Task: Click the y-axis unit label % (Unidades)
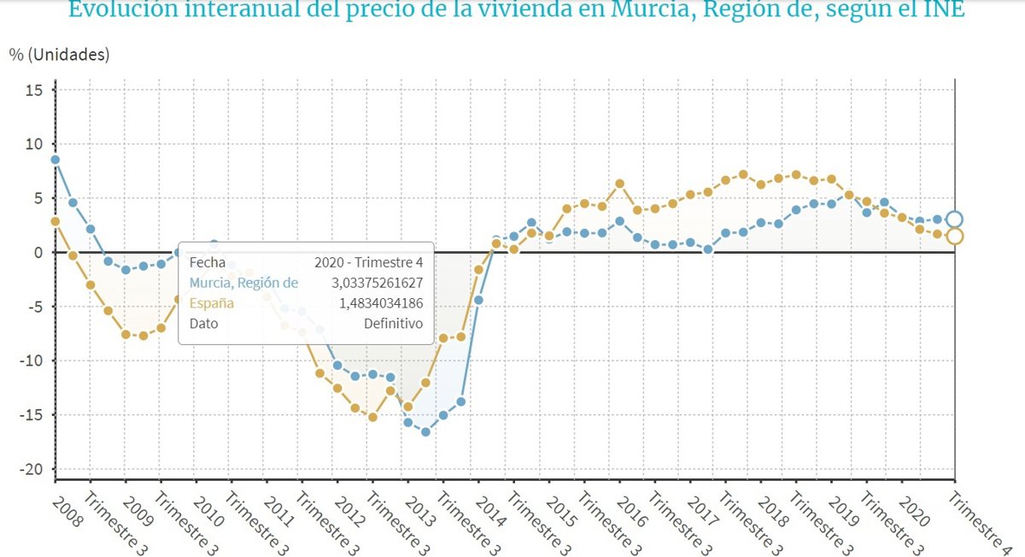point(59,54)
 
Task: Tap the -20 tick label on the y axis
point(32,469)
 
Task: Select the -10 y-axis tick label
point(32,361)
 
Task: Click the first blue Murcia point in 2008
point(55,159)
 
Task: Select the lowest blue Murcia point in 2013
point(425,431)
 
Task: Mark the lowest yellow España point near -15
point(372,417)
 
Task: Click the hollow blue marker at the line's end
point(955,220)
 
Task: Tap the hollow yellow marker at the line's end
point(955,237)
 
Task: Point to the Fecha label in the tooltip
point(207,262)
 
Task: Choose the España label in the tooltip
point(211,303)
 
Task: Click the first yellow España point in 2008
point(55,221)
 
